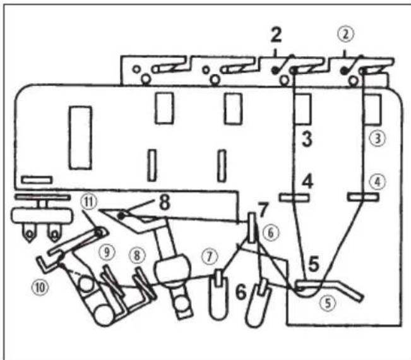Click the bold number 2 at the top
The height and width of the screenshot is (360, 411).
(276, 35)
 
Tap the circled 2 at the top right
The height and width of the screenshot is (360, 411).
(346, 34)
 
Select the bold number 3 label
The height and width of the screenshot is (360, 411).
(307, 139)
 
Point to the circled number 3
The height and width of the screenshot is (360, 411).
(378, 138)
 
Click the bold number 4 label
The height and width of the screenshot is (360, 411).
(307, 181)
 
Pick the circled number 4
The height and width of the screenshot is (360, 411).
(378, 183)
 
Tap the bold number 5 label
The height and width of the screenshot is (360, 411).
(314, 263)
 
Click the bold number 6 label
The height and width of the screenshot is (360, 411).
(241, 292)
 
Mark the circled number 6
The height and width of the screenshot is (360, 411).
(271, 232)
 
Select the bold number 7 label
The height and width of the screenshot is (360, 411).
(263, 209)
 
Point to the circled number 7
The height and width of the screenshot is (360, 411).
(209, 256)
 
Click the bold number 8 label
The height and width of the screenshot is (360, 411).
(165, 202)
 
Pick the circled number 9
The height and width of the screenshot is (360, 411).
(107, 253)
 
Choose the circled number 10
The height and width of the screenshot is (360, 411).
(40, 287)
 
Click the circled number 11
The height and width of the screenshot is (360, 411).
(89, 202)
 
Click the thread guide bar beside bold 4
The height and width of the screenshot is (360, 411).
(294, 197)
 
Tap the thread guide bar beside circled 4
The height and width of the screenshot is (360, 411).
(363, 196)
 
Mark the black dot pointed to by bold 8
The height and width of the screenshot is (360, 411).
(121, 215)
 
